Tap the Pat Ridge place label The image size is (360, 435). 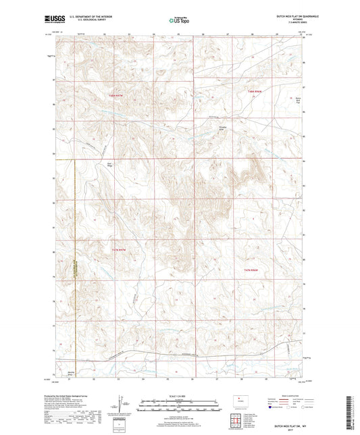click(x=111, y=163)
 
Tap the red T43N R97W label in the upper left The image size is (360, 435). click(x=118, y=96)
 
